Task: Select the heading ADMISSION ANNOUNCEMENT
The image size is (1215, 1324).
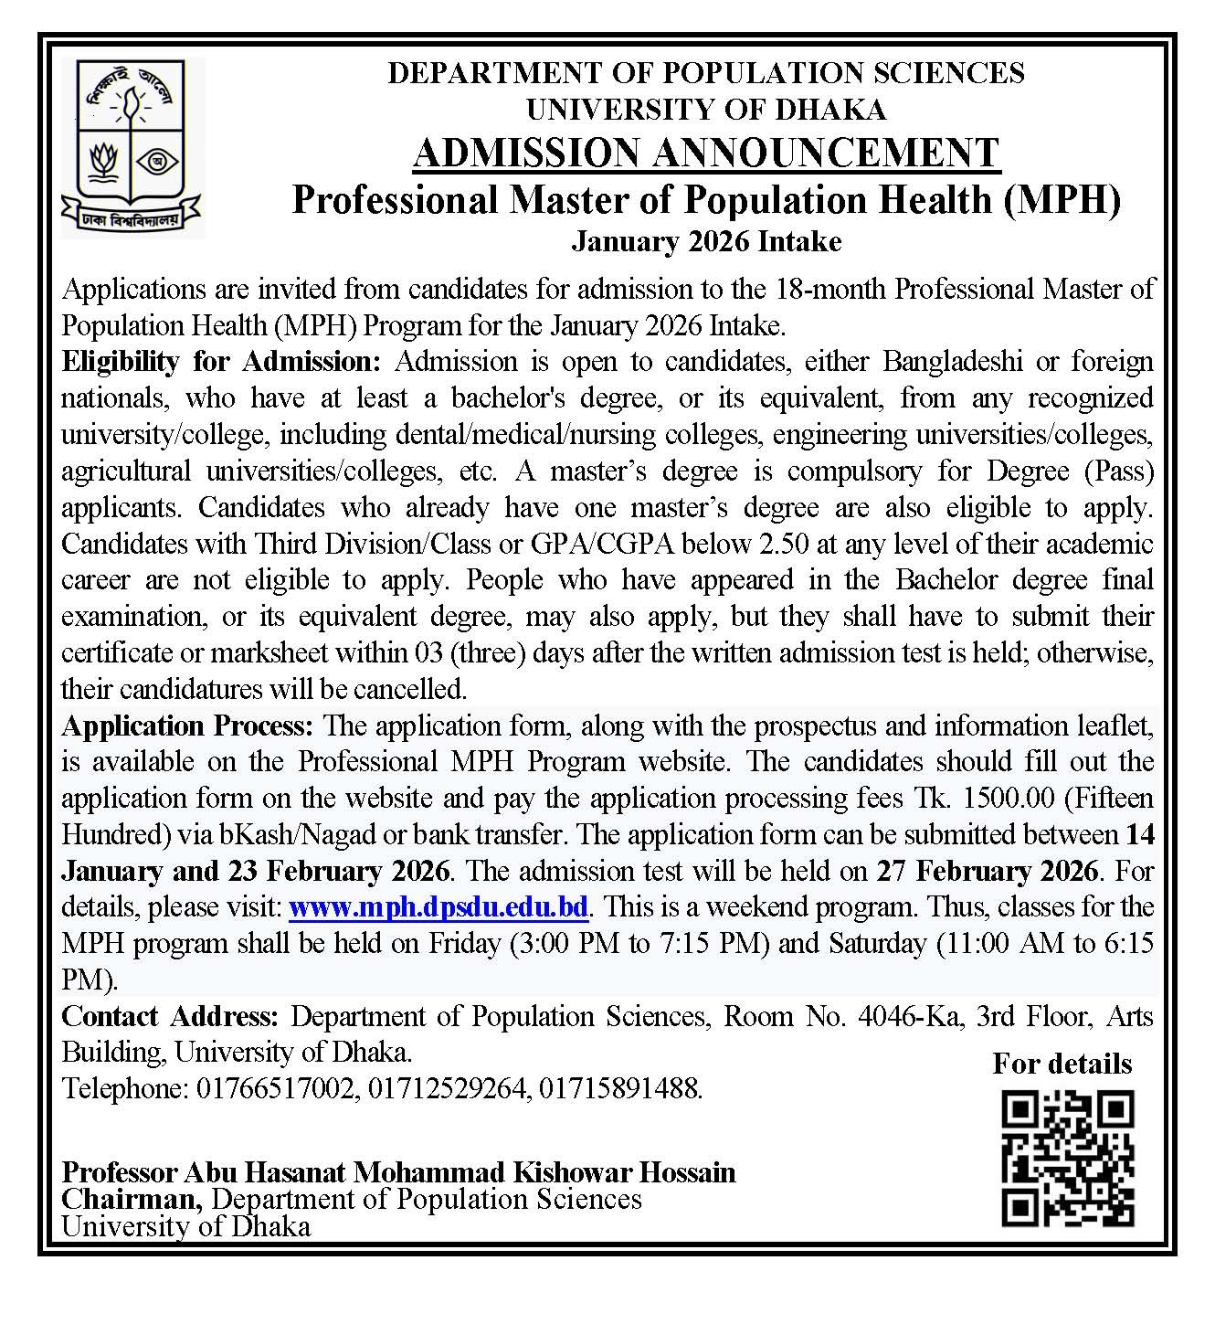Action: pyautogui.click(x=706, y=154)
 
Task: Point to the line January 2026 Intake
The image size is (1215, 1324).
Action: pyautogui.click(x=706, y=242)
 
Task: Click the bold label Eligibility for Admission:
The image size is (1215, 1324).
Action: pyautogui.click(x=220, y=362)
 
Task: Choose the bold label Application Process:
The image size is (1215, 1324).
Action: pyautogui.click(x=188, y=726)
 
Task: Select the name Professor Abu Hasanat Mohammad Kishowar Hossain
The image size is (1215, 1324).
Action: pyautogui.click(x=398, y=1171)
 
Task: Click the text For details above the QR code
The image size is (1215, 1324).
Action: pyautogui.click(x=1062, y=1064)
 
